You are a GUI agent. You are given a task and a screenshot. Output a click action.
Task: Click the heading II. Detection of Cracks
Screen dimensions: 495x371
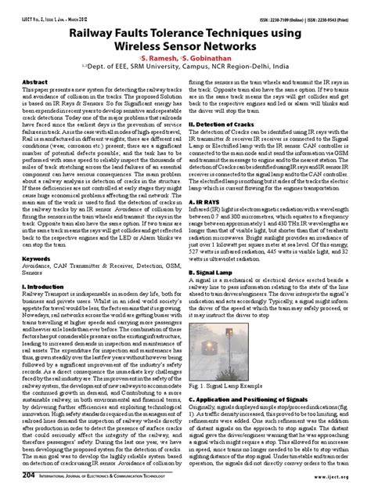pyautogui.click(x=229, y=124)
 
